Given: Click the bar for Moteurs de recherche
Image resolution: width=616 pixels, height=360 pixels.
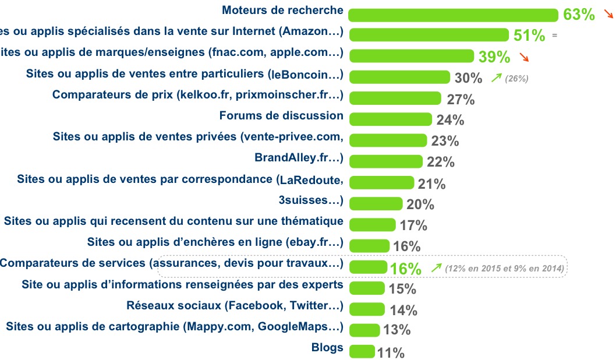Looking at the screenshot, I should [453, 15].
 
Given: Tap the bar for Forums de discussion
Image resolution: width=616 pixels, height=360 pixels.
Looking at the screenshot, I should [391, 119].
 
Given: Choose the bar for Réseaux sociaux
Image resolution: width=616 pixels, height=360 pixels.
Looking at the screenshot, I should [367, 309].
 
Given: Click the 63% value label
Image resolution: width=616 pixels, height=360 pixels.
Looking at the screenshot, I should [579, 15].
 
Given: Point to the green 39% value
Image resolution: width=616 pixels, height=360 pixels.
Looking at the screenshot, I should [494, 57].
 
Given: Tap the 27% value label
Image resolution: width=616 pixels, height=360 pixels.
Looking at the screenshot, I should [461, 100].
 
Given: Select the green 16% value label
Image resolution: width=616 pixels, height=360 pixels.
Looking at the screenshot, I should [406, 269].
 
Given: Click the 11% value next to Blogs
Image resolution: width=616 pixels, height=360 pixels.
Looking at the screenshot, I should [391, 352].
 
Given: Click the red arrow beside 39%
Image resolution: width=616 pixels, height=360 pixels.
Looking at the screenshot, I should [524, 57].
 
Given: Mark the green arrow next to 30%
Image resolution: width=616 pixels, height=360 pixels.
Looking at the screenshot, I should [496, 77].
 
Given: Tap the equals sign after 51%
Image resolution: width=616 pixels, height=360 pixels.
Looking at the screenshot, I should [554, 36].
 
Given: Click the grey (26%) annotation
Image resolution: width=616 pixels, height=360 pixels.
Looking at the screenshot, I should [517, 78].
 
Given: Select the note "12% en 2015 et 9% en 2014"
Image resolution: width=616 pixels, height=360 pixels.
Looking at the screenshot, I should [504, 269].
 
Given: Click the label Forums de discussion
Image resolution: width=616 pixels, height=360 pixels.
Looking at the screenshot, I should [281, 115].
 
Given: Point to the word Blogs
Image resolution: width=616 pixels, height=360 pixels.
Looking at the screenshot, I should [328, 348].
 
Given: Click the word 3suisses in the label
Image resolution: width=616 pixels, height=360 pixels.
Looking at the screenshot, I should [303, 201].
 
